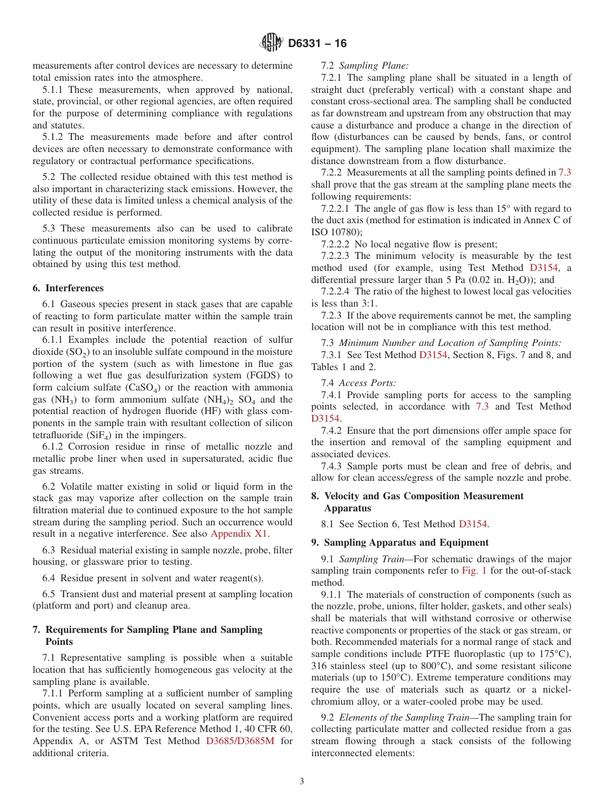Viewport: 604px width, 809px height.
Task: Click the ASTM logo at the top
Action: click(x=271, y=43)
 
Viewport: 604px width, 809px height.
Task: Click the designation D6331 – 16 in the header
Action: click(x=317, y=44)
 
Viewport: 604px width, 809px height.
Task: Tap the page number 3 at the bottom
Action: click(x=302, y=782)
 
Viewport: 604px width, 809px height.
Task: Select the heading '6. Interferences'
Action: click(x=68, y=288)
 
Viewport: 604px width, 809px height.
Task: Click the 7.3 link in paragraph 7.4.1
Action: click(x=482, y=406)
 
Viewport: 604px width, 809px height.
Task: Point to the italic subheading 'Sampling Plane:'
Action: click(x=374, y=66)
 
